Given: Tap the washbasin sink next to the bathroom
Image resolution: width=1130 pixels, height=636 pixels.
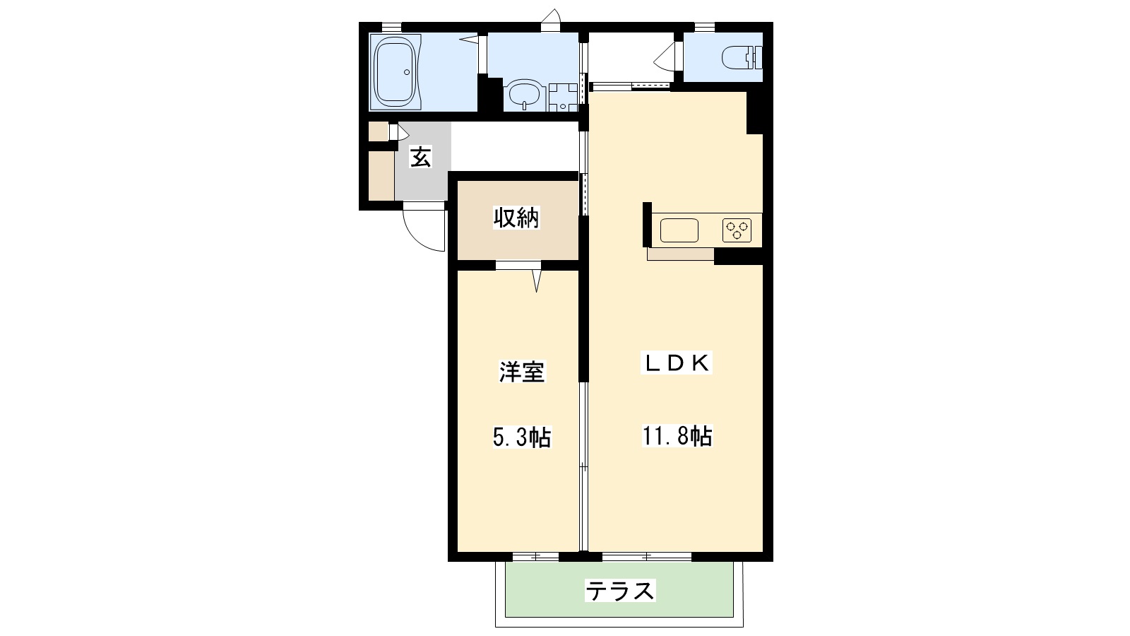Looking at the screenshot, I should (525, 95).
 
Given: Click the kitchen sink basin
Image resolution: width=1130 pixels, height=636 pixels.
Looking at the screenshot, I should (679, 230).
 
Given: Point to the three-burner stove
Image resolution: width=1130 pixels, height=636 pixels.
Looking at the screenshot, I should (737, 230).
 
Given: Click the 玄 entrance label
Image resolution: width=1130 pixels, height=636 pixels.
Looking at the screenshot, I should (420, 158).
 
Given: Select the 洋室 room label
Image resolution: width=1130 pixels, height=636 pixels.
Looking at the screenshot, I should (523, 372).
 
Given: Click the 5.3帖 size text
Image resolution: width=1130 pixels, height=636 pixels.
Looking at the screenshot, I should (521, 438).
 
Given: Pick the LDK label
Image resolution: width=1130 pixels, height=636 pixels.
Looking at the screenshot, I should (676, 363).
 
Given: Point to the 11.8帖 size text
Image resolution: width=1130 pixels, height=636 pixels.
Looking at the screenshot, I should (676, 436).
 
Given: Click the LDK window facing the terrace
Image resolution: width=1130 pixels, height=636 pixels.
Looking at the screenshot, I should (646, 557).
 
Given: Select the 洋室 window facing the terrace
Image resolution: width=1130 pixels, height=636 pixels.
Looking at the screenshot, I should (535, 557).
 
